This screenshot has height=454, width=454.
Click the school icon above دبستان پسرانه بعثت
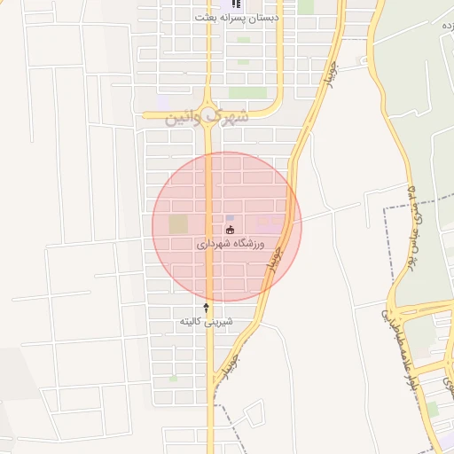click(235, 4)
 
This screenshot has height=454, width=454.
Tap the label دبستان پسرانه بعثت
click(237, 18)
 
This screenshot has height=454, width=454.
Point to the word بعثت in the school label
click(209, 18)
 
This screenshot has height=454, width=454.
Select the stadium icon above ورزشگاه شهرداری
click(231, 231)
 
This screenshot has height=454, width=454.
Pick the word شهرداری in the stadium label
click(211, 243)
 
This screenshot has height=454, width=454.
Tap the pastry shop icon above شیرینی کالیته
click(207, 307)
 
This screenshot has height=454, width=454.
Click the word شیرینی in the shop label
click(219, 321)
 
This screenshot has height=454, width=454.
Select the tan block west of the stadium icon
click(178, 223)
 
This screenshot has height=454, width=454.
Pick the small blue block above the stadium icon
click(231, 217)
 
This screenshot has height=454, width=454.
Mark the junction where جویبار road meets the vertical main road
click(213, 391)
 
